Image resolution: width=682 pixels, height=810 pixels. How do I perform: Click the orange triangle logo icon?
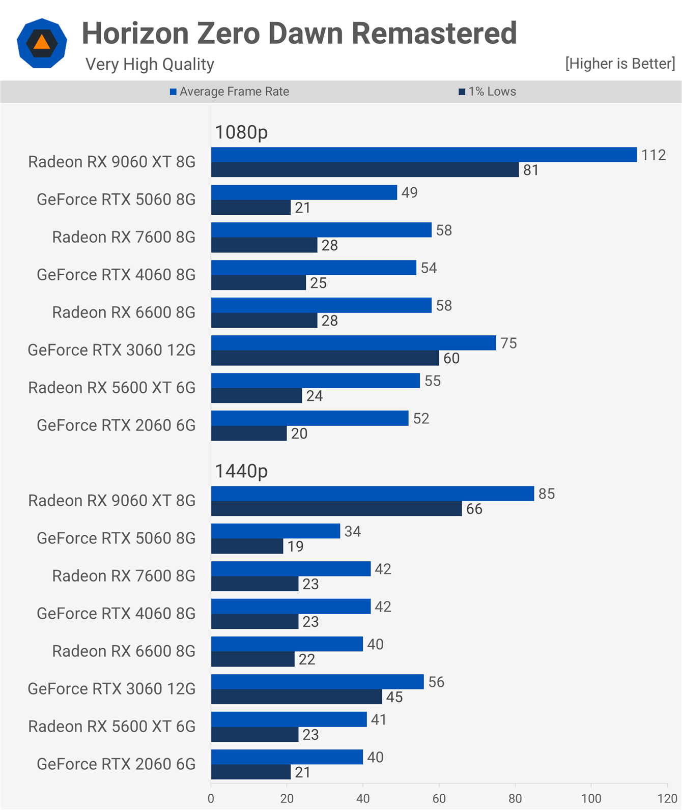(42, 43)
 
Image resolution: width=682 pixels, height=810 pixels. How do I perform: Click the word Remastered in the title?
(434, 34)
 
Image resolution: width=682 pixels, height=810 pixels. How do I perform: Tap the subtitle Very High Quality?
(150, 65)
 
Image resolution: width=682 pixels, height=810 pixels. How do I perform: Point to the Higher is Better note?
(620, 64)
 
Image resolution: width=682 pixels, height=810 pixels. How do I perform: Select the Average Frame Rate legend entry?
(230, 92)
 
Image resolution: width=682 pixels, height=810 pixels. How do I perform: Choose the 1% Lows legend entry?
(488, 92)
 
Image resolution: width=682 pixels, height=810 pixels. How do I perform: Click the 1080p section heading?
(241, 132)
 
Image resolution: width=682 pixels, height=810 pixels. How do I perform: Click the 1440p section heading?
(241, 471)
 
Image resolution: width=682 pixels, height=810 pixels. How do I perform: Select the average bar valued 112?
(423, 155)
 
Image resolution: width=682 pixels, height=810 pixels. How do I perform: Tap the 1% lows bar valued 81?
(364, 170)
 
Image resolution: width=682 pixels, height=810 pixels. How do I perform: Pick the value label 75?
(508, 343)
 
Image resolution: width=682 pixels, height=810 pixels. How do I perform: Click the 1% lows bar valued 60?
(325, 358)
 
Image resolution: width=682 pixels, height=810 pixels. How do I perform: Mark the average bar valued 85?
(372, 494)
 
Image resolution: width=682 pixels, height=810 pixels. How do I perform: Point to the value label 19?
(295, 547)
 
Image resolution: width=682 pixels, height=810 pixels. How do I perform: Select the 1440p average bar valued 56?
(317, 682)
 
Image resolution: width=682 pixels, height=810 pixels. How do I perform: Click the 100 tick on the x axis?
(591, 798)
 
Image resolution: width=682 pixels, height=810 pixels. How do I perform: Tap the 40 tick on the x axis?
(363, 798)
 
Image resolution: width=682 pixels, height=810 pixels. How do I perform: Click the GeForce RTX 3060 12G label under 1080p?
(111, 350)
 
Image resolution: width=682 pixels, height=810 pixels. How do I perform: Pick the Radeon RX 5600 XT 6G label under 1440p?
(111, 727)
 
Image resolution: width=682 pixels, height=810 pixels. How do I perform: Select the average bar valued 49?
(304, 192)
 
